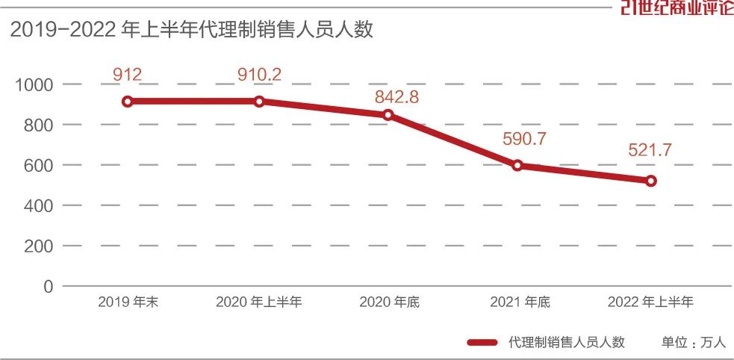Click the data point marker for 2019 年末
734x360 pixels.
[128, 102]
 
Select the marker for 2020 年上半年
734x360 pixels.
[259, 102]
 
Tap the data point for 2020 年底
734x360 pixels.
[388, 115]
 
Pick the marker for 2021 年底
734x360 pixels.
[517, 166]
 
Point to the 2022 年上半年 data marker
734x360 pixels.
[650, 181]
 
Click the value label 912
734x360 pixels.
[128, 74]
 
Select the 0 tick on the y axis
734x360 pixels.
[49, 286]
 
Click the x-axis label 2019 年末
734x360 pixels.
[129, 302]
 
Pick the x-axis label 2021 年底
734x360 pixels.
[520, 302]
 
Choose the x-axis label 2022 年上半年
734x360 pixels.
[650, 302]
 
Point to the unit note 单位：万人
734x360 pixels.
[693, 342]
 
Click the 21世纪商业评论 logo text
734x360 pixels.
[677, 8]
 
